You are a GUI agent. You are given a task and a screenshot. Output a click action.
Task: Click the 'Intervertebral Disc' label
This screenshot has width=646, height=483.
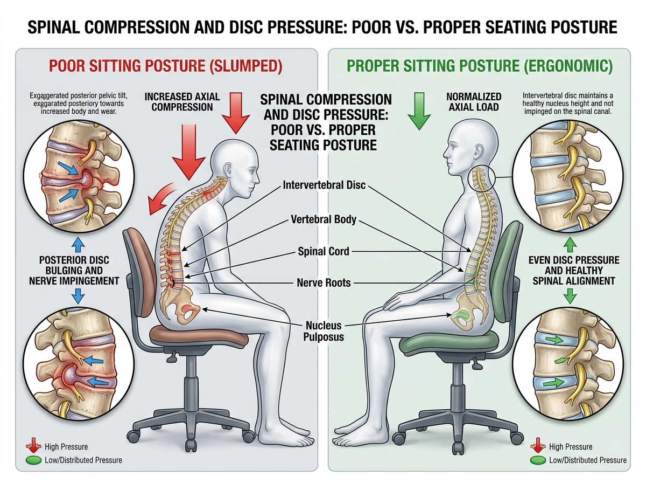(324, 185)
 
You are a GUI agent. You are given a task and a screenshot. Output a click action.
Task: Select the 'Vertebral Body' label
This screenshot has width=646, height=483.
(324, 220)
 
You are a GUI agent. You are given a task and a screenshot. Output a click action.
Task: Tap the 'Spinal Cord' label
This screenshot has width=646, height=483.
(324, 251)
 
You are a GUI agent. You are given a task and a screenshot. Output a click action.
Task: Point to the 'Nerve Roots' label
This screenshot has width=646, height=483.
(324, 282)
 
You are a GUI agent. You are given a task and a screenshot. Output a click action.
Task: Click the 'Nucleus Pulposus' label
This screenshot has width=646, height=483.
(324, 331)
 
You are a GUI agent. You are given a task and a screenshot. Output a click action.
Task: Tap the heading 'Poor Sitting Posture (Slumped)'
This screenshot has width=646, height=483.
(166, 66)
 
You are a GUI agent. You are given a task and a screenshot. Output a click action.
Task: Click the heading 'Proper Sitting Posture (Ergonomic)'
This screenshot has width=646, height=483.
(480, 66)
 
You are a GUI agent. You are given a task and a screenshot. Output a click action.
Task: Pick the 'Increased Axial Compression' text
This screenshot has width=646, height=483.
(182, 101)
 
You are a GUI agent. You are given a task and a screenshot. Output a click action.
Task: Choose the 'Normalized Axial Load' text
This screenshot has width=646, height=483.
(474, 101)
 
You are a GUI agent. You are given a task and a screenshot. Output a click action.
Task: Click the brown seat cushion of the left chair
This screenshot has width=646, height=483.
(199, 333)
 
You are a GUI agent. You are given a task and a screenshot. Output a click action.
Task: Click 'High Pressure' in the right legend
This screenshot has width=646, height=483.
(571, 447)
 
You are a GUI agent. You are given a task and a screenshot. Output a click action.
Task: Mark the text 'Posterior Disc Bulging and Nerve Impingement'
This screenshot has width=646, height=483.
(79, 270)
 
